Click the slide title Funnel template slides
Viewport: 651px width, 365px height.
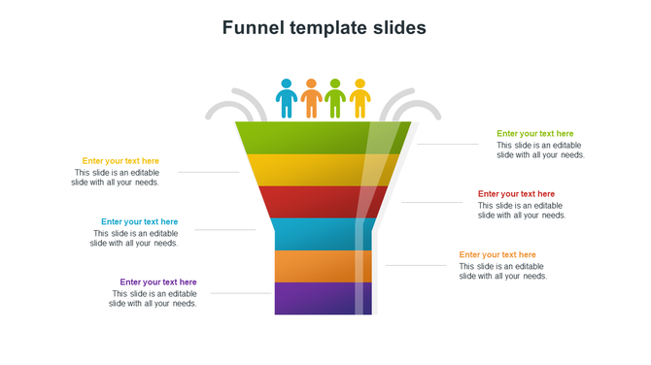pos(325,27)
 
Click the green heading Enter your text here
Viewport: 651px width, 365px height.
pos(535,134)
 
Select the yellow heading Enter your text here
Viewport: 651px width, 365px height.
pos(120,161)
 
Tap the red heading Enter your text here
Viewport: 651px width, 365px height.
pos(516,194)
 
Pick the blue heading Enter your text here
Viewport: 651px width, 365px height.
pos(139,222)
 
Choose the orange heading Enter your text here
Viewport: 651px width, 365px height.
pos(497,255)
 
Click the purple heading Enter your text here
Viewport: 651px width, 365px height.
pos(157,282)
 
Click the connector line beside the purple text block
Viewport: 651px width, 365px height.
pos(240,293)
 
